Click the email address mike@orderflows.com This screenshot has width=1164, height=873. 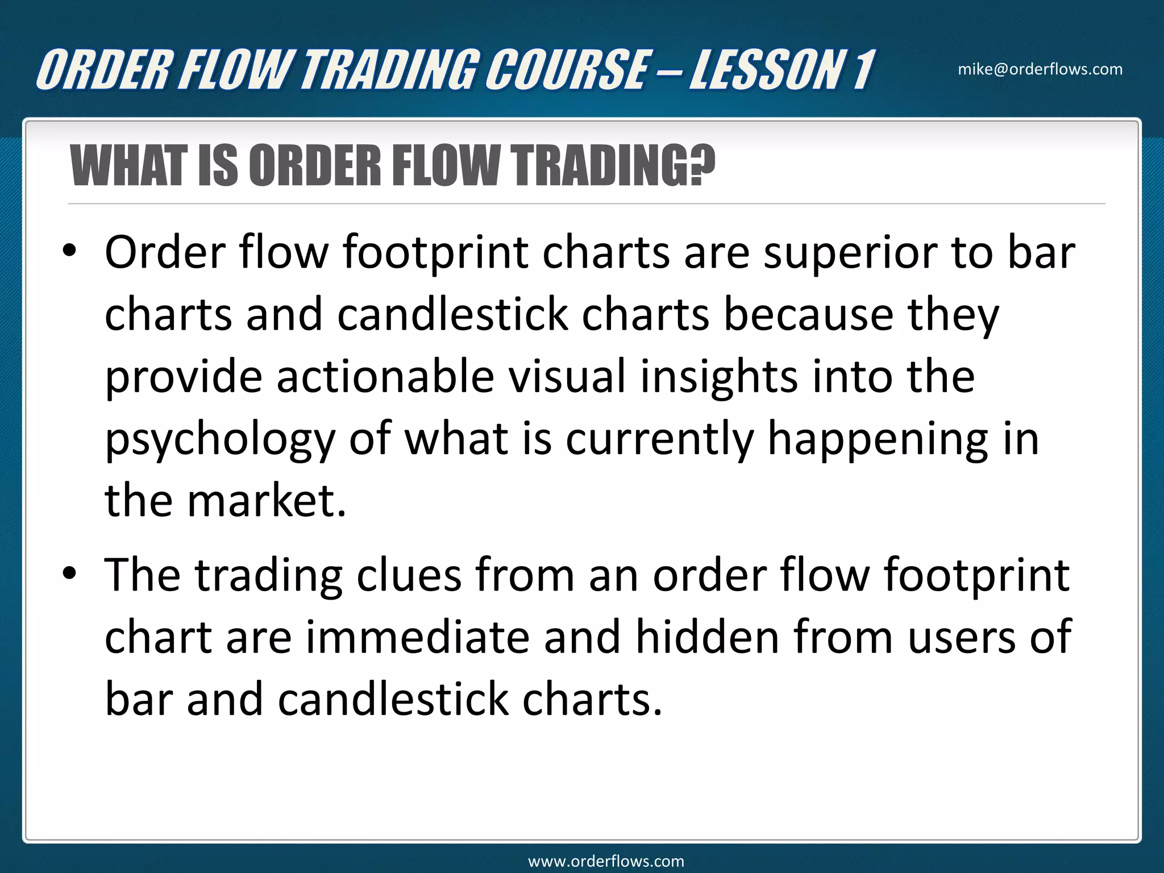click(1040, 69)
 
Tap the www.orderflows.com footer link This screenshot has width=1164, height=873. click(606, 861)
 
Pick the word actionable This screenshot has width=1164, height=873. click(385, 376)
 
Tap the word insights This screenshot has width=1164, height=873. click(719, 376)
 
